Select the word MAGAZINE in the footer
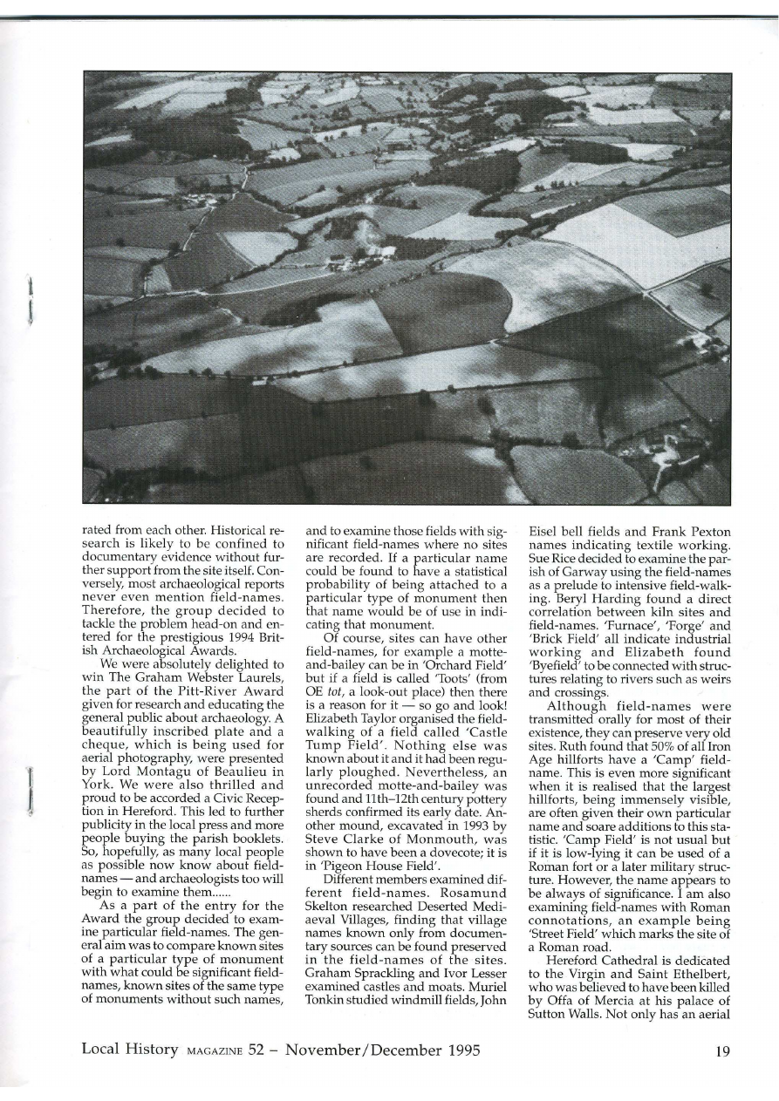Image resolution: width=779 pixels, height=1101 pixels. click(x=213, y=1051)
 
